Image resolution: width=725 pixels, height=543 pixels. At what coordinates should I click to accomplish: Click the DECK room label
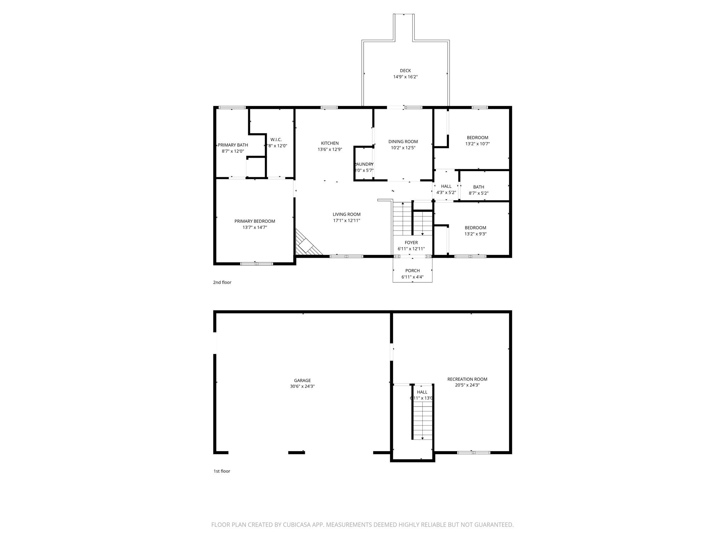(405, 71)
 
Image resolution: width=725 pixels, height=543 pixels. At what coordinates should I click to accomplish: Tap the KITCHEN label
(330, 143)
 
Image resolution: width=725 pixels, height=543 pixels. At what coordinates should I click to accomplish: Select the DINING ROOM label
(403, 142)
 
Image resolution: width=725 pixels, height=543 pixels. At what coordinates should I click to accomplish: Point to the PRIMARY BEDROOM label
(255, 221)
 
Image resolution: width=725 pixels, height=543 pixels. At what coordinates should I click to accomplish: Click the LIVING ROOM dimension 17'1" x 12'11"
(347, 221)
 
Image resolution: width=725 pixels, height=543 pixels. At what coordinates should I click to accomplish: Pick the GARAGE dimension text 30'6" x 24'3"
(302, 386)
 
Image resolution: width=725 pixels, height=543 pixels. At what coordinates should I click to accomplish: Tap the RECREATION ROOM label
(467, 379)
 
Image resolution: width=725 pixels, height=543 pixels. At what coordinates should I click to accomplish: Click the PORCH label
(412, 271)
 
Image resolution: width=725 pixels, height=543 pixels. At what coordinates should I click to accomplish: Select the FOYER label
(411, 243)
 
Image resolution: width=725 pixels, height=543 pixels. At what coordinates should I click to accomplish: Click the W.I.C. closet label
(276, 140)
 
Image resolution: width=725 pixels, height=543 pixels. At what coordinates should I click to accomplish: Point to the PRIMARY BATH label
(233, 145)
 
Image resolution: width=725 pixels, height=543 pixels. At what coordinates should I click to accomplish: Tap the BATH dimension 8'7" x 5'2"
(479, 193)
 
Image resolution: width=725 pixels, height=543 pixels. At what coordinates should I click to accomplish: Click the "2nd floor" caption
(222, 282)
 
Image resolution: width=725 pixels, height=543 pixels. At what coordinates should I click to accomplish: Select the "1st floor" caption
(222, 471)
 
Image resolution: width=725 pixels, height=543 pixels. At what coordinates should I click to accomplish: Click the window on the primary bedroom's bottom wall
(257, 263)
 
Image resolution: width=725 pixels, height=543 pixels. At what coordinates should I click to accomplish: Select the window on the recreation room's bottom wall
(473, 452)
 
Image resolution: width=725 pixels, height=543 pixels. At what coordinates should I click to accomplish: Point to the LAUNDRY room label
(364, 164)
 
